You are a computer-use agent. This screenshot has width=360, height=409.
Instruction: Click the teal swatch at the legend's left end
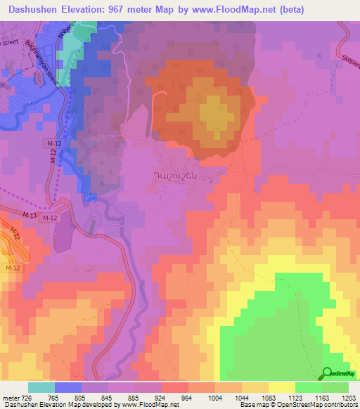(x=41, y=387)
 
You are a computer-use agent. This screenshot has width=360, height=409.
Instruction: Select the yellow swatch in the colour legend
(x=281, y=387)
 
